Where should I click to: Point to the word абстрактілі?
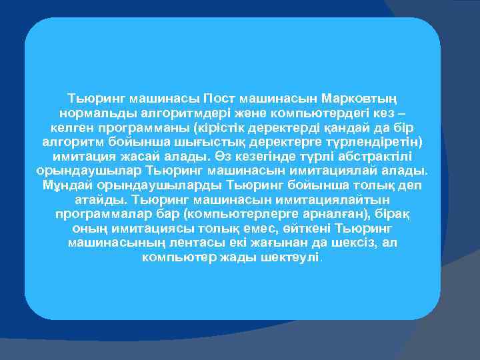click(379, 156)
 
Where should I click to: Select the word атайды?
click(99, 199)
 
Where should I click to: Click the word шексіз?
click(345, 243)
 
